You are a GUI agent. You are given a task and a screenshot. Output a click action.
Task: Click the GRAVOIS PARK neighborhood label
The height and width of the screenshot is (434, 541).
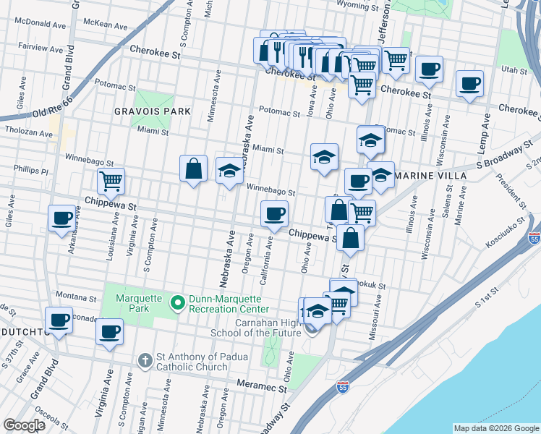(152, 111)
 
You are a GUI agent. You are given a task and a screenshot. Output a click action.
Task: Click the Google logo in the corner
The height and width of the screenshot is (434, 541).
(25, 425)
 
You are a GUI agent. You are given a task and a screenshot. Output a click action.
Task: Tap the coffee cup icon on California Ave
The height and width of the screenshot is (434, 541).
(275, 213)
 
